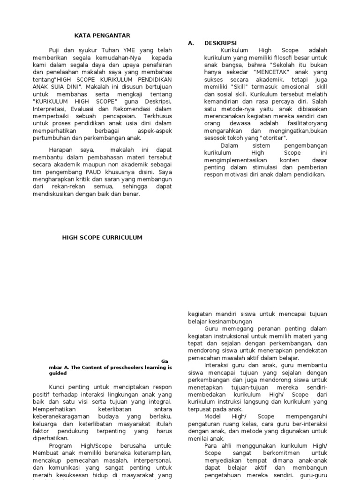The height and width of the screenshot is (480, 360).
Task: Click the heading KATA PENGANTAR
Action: [102, 35]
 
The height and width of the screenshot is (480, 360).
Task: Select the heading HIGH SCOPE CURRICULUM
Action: [102, 238]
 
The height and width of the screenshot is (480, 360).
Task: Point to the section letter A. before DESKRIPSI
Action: [191, 43]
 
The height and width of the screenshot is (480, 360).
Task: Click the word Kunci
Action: [57, 387]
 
